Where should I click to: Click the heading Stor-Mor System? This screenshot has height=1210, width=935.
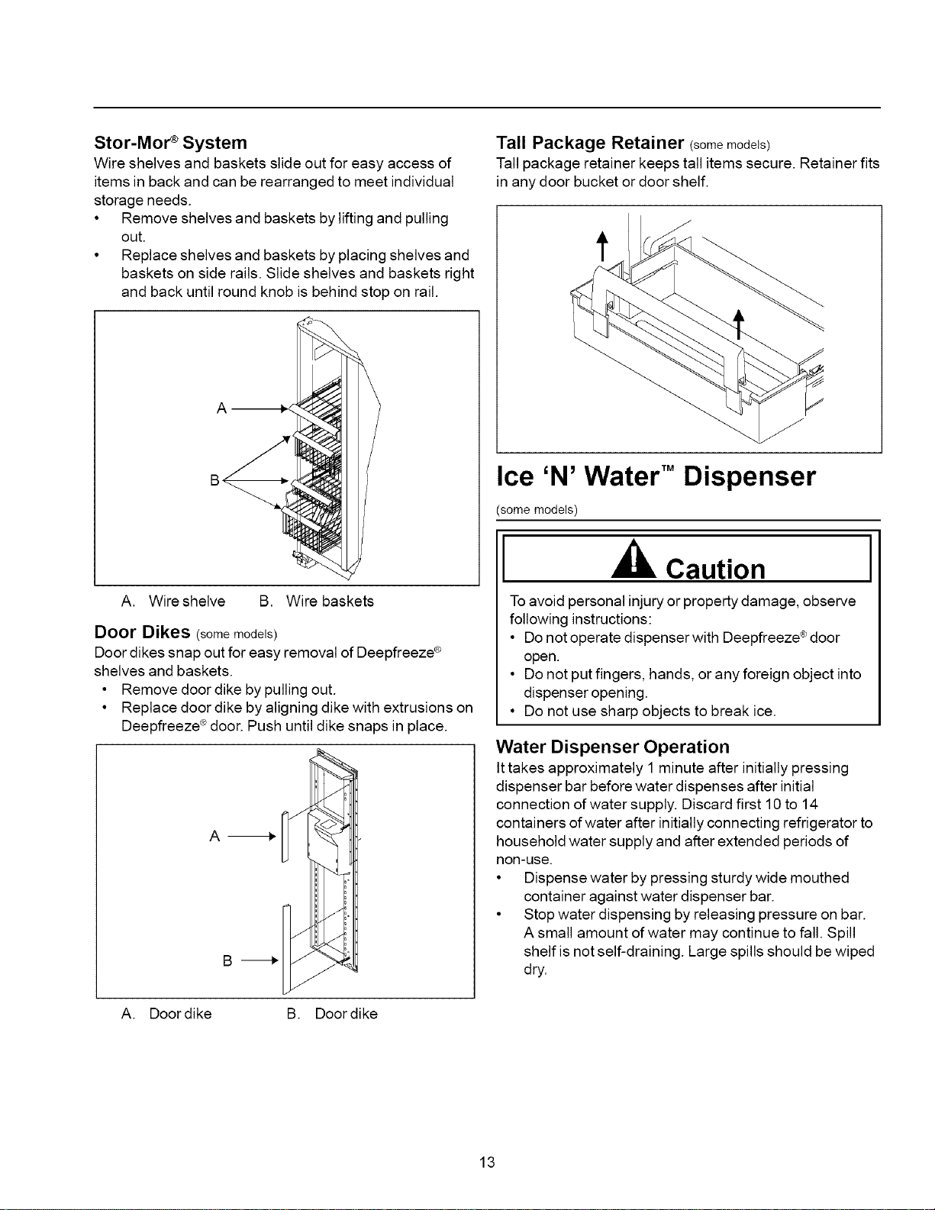(170, 143)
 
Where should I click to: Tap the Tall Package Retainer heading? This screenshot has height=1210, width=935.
(590, 143)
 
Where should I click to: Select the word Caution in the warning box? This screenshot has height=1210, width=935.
(715, 569)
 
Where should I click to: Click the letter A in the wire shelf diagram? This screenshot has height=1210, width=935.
(221, 408)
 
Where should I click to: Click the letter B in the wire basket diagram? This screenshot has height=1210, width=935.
(214, 480)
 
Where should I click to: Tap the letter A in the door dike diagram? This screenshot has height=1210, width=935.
(214, 836)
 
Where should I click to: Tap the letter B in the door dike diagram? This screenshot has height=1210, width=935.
(227, 960)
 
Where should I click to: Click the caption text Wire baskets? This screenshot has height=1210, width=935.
(330, 602)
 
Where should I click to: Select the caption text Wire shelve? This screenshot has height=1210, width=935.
(187, 602)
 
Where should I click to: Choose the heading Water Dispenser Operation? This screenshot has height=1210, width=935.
(613, 746)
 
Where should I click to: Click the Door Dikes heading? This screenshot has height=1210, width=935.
(142, 632)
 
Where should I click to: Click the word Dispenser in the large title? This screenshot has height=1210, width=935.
(749, 476)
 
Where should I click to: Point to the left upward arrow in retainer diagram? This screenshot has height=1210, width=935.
(601, 246)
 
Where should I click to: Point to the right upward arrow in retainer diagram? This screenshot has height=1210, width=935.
(739, 324)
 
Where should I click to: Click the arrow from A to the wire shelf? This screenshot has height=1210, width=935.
(259, 409)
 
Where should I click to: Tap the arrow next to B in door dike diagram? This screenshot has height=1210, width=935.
(260, 960)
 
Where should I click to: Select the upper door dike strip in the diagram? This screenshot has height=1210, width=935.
(285, 837)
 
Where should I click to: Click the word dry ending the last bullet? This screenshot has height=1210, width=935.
(534, 970)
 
